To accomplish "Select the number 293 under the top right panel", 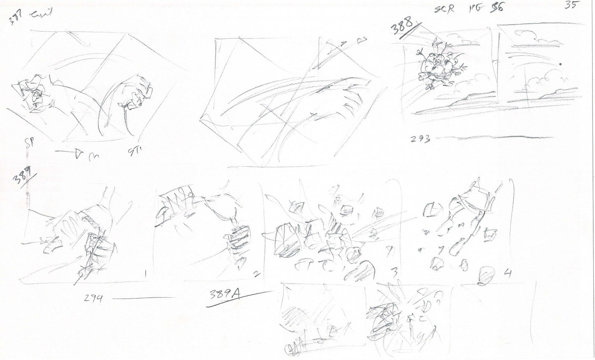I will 420,140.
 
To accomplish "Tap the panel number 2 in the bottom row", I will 256,272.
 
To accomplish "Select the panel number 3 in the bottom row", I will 394,272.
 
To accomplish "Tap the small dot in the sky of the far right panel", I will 560,65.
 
